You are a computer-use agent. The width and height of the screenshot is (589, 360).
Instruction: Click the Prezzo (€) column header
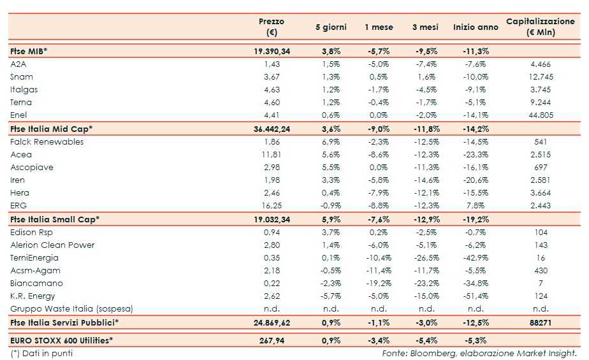click(272, 27)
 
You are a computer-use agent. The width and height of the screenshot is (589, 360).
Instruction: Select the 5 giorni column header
click(331, 27)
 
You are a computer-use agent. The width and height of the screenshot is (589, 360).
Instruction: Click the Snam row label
click(22, 76)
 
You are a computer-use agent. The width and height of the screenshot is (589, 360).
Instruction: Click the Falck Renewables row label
click(47, 141)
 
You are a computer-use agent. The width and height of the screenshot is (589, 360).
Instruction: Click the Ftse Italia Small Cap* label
click(55, 219)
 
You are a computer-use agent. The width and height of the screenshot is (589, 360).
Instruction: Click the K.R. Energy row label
click(33, 296)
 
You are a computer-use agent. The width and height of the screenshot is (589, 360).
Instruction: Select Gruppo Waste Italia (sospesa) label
click(72, 309)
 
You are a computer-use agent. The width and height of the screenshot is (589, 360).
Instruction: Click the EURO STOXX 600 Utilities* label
click(62, 340)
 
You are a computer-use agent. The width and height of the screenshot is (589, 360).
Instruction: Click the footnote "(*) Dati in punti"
click(41, 353)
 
